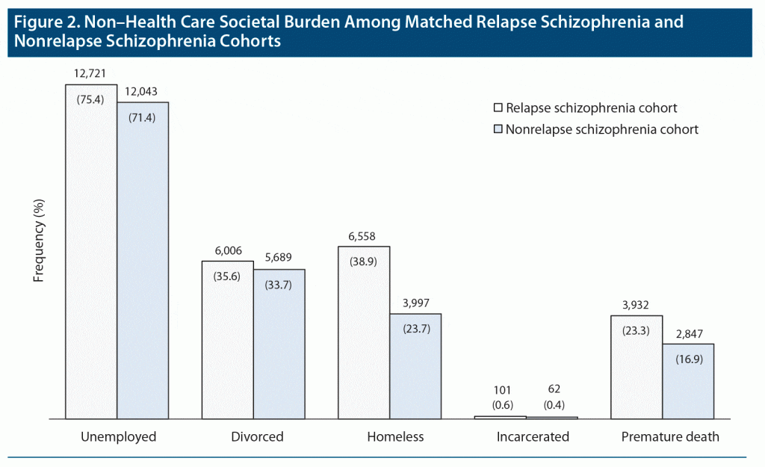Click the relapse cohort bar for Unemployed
(x=91, y=254)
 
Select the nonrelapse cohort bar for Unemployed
(x=143, y=262)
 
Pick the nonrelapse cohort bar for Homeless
(x=415, y=366)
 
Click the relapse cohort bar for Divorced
(x=227, y=340)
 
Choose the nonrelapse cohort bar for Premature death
(x=688, y=381)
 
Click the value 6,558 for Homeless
(x=364, y=237)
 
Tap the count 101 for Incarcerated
(x=501, y=389)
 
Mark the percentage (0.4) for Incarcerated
(x=553, y=405)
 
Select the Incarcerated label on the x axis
(x=533, y=436)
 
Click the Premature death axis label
(x=670, y=436)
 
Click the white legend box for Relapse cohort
(x=498, y=108)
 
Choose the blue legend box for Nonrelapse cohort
(x=498, y=129)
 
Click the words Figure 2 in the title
(x=43, y=22)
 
